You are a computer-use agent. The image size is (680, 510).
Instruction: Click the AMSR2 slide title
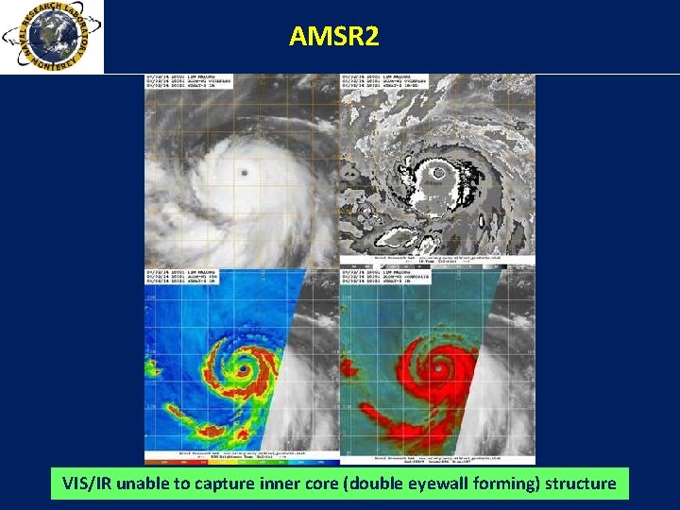pyautogui.click(x=333, y=37)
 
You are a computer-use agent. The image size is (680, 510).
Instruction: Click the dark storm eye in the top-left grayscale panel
pyautogui.click(x=245, y=174)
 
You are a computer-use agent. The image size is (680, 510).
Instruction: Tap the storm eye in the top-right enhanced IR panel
pyautogui.click(x=437, y=173)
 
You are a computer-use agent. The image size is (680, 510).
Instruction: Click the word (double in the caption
pyautogui.click(x=385, y=484)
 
